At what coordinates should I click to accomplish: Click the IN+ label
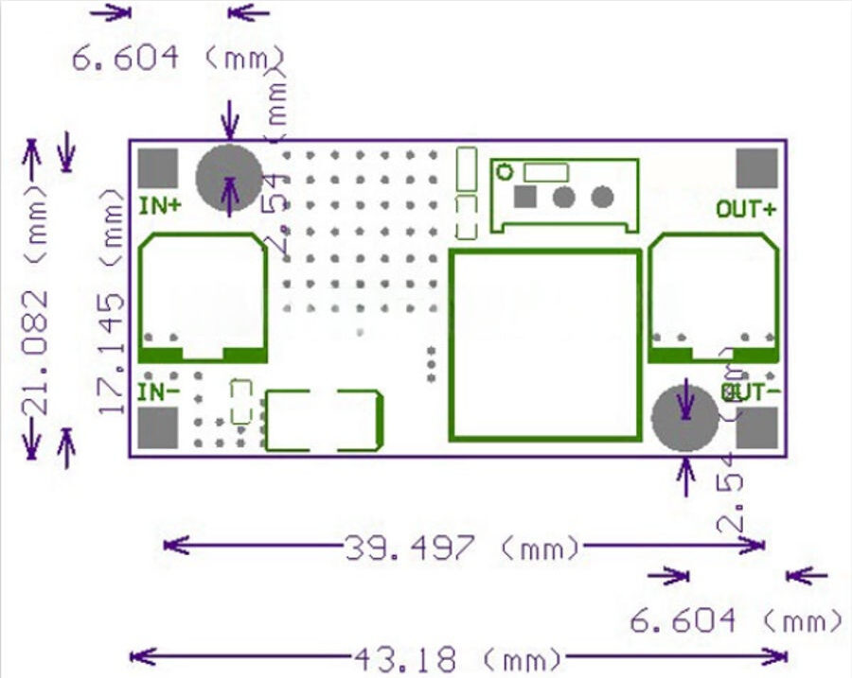(x=161, y=204)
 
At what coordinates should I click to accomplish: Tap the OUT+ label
(x=745, y=209)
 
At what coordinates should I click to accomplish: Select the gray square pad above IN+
(x=158, y=167)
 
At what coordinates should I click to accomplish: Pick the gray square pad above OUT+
(x=756, y=167)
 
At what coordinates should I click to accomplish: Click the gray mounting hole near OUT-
(x=684, y=416)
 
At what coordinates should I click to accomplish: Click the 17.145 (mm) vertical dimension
(x=113, y=300)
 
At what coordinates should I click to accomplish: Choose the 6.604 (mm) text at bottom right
(x=735, y=620)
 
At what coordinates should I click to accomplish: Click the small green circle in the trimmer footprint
(x=506, y=172)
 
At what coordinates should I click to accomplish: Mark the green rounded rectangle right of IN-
(x=324, y=420)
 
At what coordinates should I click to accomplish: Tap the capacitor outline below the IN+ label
(x=203, y=297)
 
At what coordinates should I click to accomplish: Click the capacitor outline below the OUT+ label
(x=714, y=297)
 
